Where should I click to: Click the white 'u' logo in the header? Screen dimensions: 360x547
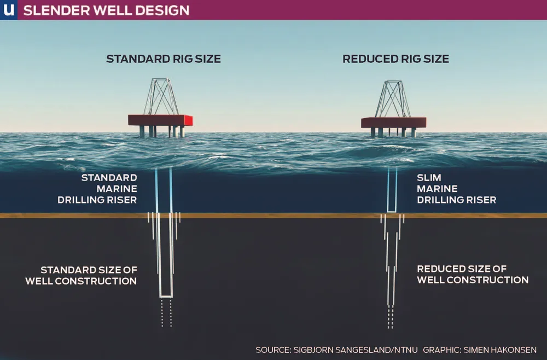click(x=8, y=9)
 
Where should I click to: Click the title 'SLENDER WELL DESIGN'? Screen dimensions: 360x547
click(x=107, y=10)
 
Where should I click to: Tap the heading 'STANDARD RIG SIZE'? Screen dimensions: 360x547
click(x=163, y=59)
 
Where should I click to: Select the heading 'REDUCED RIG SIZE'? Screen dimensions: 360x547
click(x=395, y=59)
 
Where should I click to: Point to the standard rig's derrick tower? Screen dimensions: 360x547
click(x=161, y=97)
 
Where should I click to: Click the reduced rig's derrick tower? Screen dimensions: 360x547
click(x=393, y=99)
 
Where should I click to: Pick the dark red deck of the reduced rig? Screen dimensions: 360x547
click(x=393, y=123)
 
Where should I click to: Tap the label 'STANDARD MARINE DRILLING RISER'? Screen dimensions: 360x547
click(x=97, y=189)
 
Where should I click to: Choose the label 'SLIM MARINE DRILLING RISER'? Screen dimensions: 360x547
click(x=456, y=189)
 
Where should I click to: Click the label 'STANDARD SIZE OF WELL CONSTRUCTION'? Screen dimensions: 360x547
click(x=81, y=275)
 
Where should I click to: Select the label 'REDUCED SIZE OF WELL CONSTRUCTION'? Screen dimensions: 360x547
click(x=473, y=274)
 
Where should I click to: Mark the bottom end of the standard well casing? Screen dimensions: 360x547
click(x=166, y=296)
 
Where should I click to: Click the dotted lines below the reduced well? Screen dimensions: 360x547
click(x=391, y=317)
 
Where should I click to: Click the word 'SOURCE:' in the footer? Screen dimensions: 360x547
click(x=273, y=349)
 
